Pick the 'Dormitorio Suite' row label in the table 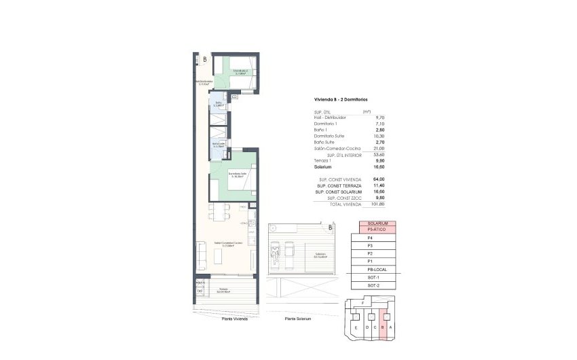(x=329, y=136)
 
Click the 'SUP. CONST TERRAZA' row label (x=337, y=185)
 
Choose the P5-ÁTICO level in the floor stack (x=377, y=230)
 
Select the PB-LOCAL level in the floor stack (x=377, y=270)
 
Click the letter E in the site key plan (x=356, y=327)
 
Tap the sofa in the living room (x=202, y=253)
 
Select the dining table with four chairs (x=217, y=212)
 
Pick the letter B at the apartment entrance (x=204, y=60)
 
